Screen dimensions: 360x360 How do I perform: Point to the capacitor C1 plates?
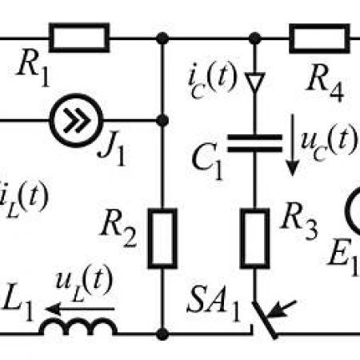pyautogui.click(x=254, y=143)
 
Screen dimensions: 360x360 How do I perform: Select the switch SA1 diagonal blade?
pyautogui.click(x=265, y=320)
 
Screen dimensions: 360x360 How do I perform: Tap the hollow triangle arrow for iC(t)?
pyautogui.click(x=255, y=82)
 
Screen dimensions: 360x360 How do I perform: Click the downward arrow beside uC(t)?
pyautogui.click(x=293, y=145)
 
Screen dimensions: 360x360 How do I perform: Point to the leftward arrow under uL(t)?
pyautogui.click(x=80, y=310)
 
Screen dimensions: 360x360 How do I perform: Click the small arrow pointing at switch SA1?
pyautogui.click(x=282, y=309)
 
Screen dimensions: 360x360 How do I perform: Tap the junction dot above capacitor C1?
pyautogui.click(x=255, y=38)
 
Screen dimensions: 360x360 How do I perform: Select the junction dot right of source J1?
pyautogui.click(x=162, y=121)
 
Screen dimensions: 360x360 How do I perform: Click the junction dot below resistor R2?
pyautogui.click(x=162, y=334)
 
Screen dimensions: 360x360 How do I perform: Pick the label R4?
pyautogui.click(x=326, y=83)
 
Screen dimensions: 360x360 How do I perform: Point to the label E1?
pyautogui.click(x=343, y=257)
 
